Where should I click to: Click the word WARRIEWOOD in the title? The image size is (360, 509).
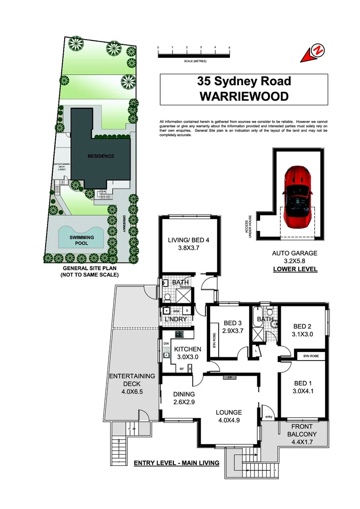coord(244,96)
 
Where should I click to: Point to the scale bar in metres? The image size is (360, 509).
coord(194,55)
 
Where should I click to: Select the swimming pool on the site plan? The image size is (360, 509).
coord(81,238)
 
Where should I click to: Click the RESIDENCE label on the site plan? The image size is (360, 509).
coord(101,156)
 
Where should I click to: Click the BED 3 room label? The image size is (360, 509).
coord(233,323)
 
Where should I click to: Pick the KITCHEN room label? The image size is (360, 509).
coord(188,349)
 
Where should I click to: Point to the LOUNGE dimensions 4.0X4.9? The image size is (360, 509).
coord(229,421)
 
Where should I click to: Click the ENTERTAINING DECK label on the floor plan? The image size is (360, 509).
coord(132,376)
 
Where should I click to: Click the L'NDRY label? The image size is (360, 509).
coord(176,320)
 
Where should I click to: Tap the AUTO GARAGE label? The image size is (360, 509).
coord(295,253)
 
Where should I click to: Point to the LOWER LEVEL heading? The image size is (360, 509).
coord(295,269)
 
